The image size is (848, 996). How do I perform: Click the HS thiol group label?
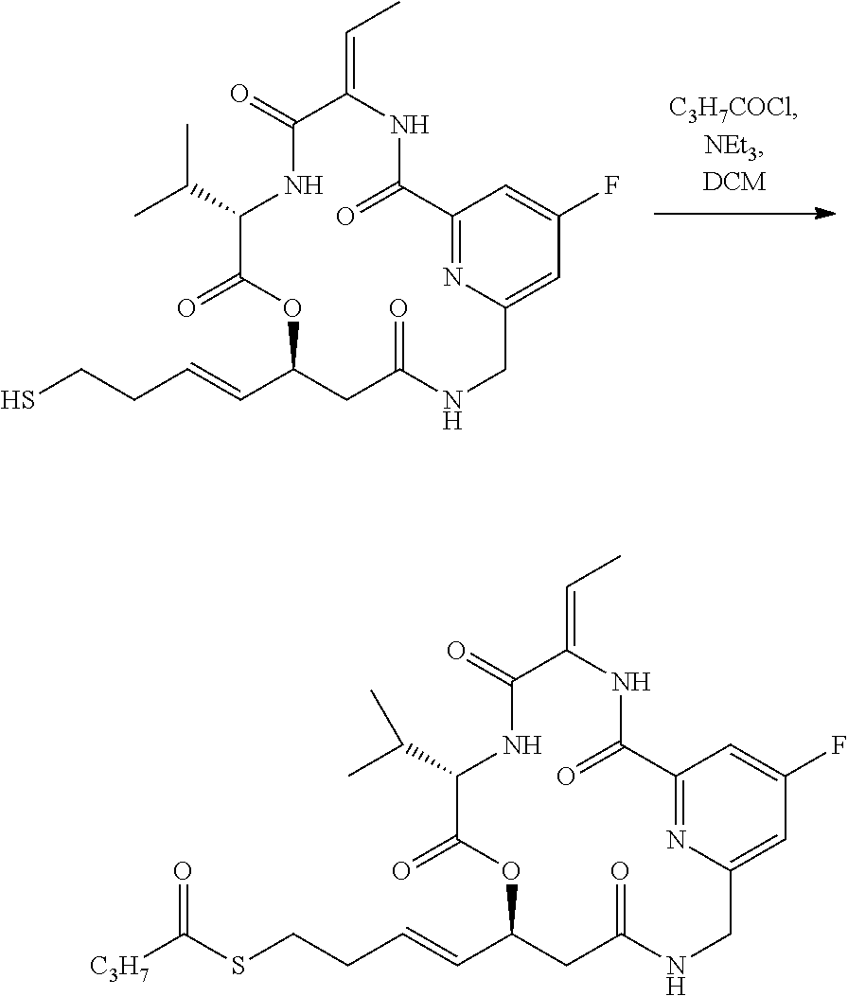click(x=21, y=401)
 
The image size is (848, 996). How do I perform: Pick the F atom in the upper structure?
click(x=611, y=183)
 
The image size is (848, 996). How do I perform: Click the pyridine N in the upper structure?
click(x=451, y=277)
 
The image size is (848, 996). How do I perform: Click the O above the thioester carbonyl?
click(x=183, y=870)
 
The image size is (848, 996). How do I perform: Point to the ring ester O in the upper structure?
click(x=292, y=307)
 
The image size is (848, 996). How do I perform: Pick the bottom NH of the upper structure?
click(x=452, y=410)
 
